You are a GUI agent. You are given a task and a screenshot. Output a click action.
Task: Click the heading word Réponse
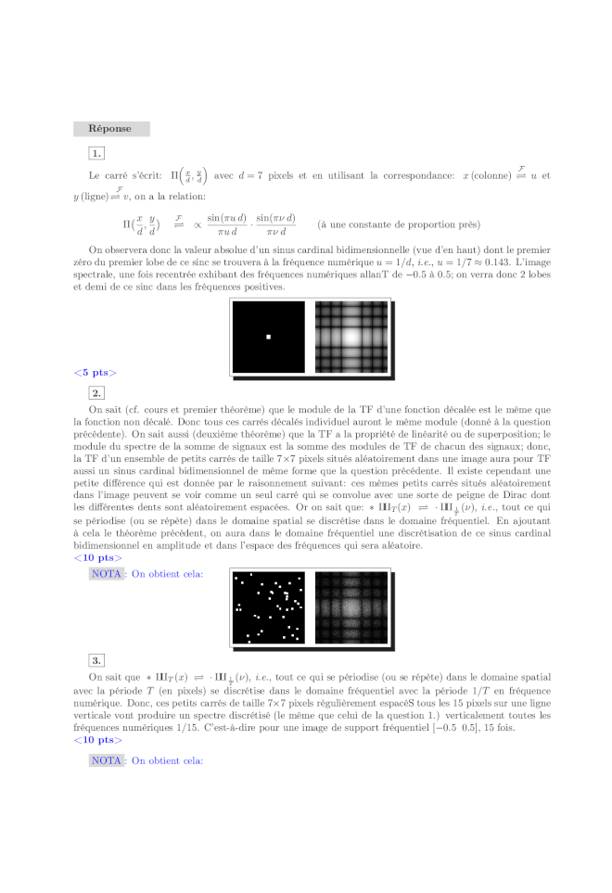click(109, 129)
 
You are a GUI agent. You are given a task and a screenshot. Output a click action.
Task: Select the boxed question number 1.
click(96, 153)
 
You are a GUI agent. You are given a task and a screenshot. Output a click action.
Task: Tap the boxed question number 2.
click(96, 393)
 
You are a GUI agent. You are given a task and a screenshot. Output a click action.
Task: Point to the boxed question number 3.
click(96, 659)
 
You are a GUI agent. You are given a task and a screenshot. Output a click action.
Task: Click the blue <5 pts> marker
click(95, 373)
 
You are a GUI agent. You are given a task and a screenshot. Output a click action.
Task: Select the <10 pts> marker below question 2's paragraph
click(97, 557)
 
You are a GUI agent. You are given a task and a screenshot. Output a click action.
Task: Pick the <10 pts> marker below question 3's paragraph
click(97, 740)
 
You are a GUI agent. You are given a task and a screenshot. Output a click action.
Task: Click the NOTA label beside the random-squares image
click(107, 574)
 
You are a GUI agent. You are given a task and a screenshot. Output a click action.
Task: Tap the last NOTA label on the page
click(107, 760)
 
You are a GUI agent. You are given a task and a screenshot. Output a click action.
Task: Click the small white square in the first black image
click(268, 336)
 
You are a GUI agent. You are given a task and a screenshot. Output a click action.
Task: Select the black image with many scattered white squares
click(268, 607)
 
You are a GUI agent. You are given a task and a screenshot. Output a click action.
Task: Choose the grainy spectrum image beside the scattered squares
click(351, 607)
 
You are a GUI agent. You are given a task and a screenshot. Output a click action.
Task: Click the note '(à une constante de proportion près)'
click(399, 224)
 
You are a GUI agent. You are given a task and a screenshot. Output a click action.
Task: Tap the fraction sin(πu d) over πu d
click(226, 224)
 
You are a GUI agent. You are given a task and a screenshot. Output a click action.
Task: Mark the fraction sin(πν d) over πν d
click(275, 224)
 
